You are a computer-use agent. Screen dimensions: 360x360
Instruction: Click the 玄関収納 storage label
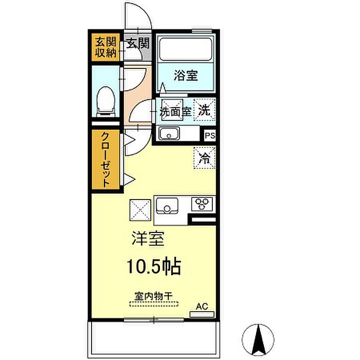(x=106, y=47)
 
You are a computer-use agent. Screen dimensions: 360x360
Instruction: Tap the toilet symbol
(x=105, y=101)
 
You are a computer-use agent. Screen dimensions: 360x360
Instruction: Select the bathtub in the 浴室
(x=186, y=49)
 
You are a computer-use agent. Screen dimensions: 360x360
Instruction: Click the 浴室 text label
(x=186, y=75)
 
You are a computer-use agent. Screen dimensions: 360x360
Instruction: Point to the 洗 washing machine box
(x=204, y=110)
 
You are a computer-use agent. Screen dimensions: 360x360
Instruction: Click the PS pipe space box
(x=210, y=135)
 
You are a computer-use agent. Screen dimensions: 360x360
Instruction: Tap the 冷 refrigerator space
(x=204, y=158)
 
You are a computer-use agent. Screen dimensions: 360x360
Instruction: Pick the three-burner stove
(x=202, y=204)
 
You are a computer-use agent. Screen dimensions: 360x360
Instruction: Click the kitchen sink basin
(x=167, y=206)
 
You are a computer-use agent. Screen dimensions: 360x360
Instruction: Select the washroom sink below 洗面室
(x=169, y=134)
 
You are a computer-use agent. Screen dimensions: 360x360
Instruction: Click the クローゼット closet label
(x=105, y=159)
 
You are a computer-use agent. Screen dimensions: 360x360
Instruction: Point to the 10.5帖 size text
(x=154, y=266)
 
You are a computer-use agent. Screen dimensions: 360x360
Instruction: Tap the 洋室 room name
(x=148, y=239)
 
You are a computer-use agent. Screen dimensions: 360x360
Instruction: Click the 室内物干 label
(x=153, y=296)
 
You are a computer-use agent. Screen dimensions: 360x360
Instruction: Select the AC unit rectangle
(x=202, y=314)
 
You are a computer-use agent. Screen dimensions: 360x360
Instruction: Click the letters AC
(x=202, y=307)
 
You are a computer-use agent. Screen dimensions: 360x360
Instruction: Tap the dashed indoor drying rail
(x=154, y=304)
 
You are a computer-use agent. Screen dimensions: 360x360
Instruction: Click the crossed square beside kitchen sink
(x=140, y=210)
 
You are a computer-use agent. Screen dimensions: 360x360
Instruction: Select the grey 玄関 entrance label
(x=138, y=43)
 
